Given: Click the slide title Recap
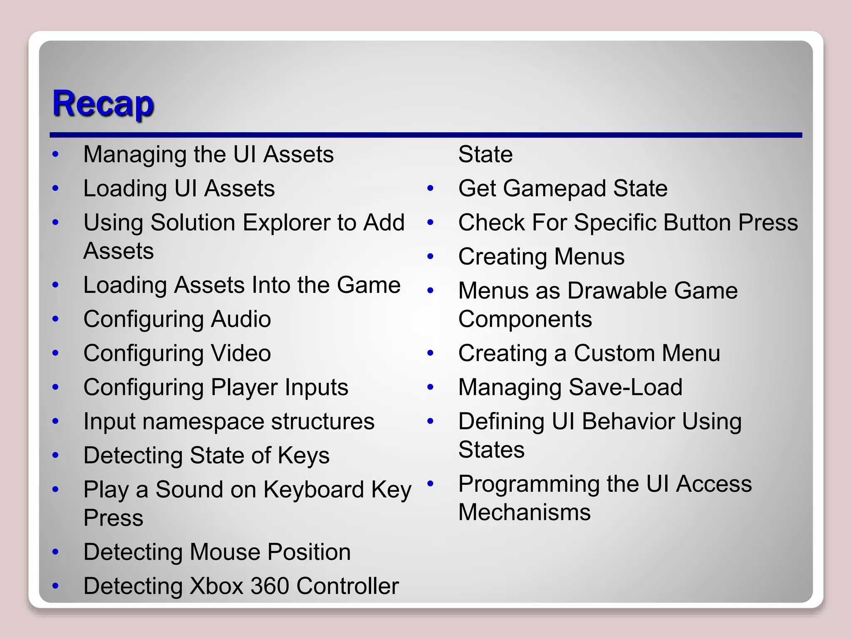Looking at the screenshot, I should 103,104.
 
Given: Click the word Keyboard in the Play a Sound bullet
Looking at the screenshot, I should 314,490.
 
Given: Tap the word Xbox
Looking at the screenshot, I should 216,587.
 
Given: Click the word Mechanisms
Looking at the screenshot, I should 524,513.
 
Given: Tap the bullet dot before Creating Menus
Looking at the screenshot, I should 431,257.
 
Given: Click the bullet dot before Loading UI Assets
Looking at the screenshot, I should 56,188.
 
